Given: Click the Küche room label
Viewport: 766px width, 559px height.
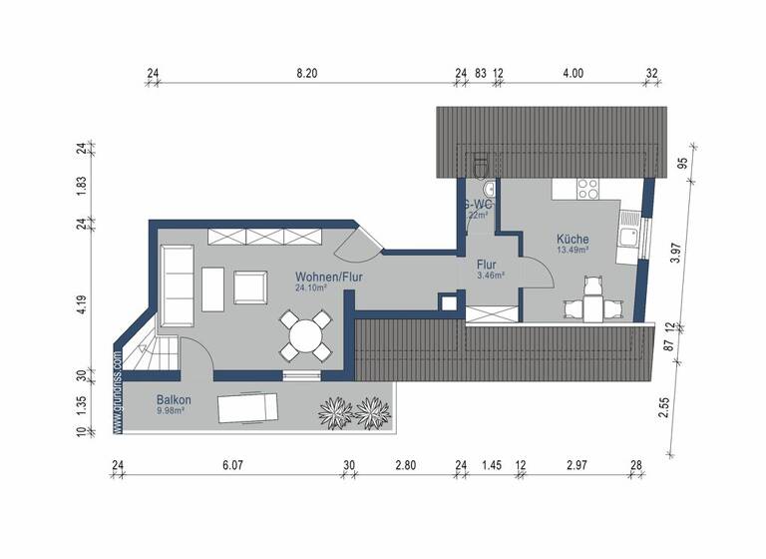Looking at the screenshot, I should pos(572,240).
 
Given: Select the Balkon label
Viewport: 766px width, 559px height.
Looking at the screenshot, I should pos(174,399).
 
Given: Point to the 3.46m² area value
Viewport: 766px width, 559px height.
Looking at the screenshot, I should pos(490,276).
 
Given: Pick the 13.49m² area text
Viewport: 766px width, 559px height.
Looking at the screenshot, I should pos(572,251).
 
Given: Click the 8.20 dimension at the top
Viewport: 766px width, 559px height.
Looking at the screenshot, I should pos(306,73).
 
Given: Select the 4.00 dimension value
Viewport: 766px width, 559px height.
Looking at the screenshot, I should pos(573,73).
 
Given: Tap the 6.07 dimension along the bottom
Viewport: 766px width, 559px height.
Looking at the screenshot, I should pos(232,464).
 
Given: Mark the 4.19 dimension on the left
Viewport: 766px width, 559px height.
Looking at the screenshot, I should pos(83,304).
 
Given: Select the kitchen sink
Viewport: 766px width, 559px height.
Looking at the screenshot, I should pos(628,237).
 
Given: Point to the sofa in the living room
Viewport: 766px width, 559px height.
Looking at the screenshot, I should pos(179,285).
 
